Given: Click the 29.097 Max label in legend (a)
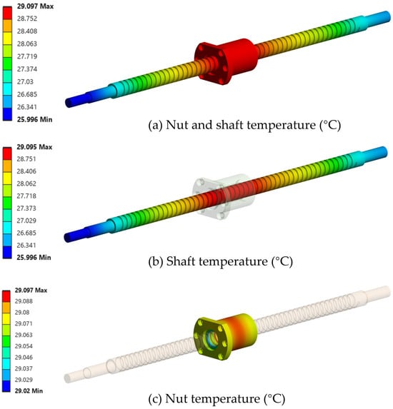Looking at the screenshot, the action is (35, 6).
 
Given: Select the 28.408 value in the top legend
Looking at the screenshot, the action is (27, 31).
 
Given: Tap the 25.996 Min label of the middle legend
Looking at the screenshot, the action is (34, 258).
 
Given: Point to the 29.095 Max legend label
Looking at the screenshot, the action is (34, 147).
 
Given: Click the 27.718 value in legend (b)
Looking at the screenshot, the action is (26, 196).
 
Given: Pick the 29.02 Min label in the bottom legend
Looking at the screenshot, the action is (29, 390).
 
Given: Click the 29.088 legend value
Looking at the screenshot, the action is (24, 301).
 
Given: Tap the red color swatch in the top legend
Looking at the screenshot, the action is (7, 13).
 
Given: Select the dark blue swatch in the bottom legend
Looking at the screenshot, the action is (6, 386).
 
